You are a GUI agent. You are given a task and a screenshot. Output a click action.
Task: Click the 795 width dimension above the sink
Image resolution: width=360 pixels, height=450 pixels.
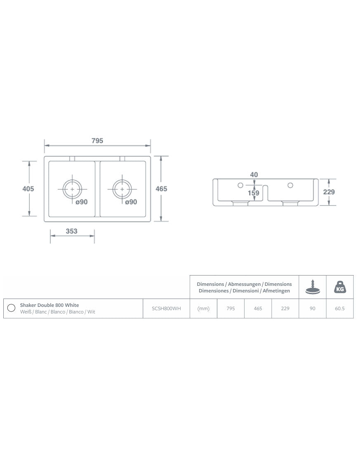point(97,141)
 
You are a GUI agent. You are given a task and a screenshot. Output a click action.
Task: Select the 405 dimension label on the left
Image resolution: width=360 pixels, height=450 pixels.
point(28,188)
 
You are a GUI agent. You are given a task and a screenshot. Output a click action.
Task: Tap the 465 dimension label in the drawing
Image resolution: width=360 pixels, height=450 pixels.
point(161,188)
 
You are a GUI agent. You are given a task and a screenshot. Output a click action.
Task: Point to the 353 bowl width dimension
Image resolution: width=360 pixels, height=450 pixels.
point(72,231)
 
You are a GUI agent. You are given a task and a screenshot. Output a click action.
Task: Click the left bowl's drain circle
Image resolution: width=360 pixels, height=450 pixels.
point(73,189)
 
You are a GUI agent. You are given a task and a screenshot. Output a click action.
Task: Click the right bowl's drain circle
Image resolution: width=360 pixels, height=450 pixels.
point(122,189)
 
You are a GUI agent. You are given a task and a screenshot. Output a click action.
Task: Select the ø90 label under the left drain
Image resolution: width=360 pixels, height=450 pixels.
point(82,202)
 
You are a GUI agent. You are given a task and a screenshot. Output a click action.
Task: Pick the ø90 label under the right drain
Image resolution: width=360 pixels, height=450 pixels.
point(131,202)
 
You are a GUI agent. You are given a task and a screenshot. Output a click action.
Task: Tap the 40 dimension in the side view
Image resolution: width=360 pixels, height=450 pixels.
point(254,175)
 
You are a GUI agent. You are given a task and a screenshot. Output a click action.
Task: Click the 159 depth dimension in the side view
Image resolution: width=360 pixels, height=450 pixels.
point(254,193)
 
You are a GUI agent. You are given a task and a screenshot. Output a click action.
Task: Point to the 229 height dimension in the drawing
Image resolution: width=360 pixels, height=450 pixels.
point(329,192)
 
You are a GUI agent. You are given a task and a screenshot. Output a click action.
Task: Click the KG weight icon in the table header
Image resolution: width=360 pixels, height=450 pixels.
point(340,287)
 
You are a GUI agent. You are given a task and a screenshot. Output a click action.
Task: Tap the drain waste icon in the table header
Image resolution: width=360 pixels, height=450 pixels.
point(313,287)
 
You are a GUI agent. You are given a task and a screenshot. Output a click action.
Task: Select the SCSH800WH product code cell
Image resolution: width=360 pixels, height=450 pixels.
point(166,309)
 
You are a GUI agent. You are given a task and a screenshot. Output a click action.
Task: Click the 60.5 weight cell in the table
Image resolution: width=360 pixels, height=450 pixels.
point(340,309)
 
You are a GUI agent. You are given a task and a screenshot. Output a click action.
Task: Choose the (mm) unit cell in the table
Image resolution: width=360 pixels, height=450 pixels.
point(203,309)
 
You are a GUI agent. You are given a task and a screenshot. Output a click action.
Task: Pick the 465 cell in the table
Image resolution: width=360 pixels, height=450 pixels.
point(258,309)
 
